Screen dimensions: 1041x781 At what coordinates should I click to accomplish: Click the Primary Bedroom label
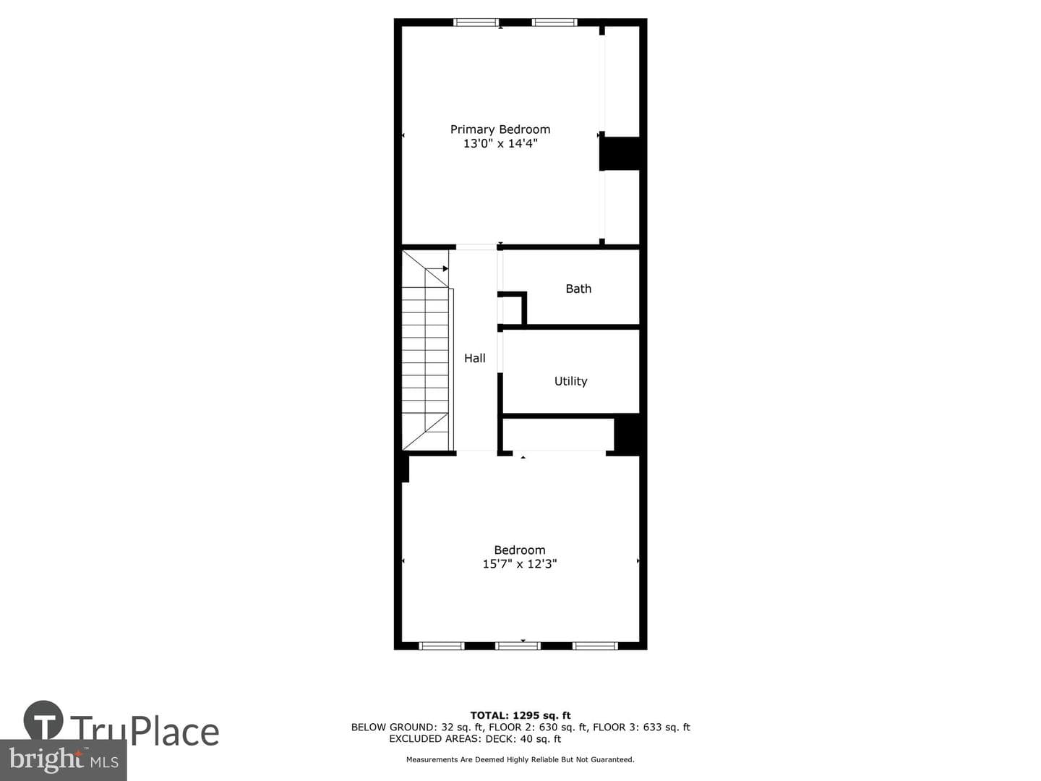tap(500, 129)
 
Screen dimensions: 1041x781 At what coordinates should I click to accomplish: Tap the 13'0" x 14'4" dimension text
tap(500, 143)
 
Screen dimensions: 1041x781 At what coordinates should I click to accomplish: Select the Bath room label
tap(578, 289)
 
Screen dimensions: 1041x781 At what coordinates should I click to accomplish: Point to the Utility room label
tap(570, 381)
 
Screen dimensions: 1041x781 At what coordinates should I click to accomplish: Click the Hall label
tap(474, 358)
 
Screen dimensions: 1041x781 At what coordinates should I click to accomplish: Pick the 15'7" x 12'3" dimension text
tap(519, 564)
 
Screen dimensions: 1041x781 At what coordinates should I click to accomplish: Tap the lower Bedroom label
tap(519, 550)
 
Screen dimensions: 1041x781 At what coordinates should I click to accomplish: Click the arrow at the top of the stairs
tap(437, 269)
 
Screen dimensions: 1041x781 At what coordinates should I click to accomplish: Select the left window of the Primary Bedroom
tap(476, 22)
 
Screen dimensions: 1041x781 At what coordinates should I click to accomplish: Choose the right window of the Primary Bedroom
tap(554, 22)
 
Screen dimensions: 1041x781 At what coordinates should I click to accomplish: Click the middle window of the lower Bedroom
tap(518, 646)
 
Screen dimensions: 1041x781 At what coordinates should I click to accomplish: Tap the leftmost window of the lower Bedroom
tap(442, 646)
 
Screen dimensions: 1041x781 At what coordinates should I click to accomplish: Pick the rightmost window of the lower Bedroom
tap(595, 646)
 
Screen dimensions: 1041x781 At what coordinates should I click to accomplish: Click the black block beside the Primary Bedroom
tap(620, 153)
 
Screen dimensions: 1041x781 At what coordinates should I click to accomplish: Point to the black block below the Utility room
tap(627, 434)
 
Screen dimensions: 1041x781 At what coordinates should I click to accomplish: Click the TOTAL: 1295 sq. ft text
tap(520, 715)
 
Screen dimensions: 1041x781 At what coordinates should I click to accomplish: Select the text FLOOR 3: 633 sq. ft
tap(641, 727)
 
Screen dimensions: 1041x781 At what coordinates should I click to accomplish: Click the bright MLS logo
tap(63, 760)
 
